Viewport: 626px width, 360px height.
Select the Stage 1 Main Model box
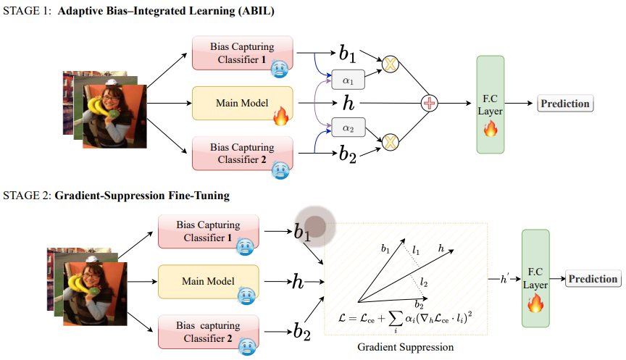pos(241,104)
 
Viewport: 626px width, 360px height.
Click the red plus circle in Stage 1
pos(430,104)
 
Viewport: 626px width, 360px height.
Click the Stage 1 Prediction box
pos(565,104)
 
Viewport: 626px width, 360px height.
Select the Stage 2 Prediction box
pos(593,279)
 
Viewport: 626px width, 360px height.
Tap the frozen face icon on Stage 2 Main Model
pos(246,294)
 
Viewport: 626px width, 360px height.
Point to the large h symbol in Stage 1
pos(349,104)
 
